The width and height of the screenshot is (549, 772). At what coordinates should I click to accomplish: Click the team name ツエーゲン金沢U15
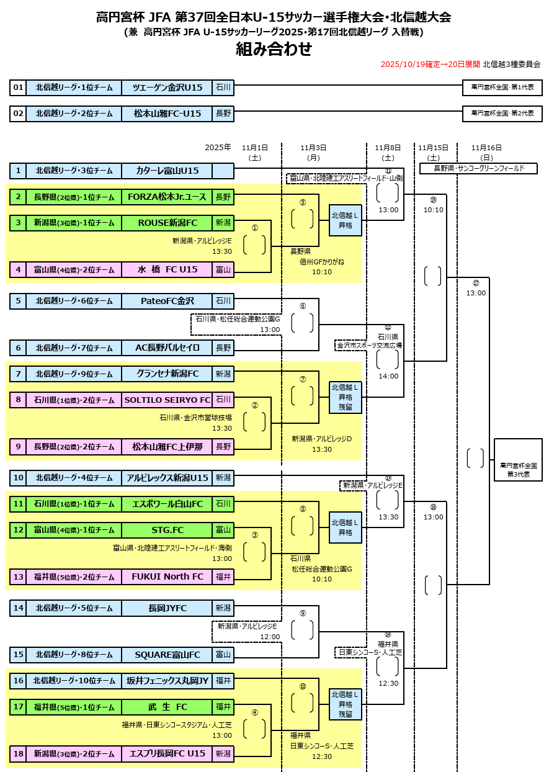pos(167,88)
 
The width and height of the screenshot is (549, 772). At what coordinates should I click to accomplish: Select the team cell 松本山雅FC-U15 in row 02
pos(167,113)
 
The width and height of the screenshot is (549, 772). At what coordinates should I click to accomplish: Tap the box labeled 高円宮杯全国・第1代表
pos(502,88)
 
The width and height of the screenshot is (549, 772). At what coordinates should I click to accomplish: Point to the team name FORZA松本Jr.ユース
pos(167,197)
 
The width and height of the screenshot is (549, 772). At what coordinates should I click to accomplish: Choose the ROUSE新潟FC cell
pos(167,222)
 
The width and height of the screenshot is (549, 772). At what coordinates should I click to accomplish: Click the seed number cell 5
pos(18,301)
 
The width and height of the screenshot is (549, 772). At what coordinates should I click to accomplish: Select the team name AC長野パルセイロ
pos(167,348)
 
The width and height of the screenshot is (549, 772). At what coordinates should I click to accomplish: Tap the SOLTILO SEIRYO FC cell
pos(167,399)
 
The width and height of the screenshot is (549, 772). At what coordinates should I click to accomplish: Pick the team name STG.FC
pos(167,529)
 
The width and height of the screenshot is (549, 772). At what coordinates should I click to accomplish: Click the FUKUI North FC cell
pos(167,577)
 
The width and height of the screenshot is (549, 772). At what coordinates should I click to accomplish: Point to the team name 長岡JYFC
pos(167,608)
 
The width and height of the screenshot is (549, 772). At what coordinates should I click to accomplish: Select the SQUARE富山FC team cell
pos(167,654)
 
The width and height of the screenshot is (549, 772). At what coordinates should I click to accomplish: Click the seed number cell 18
pos(18,753)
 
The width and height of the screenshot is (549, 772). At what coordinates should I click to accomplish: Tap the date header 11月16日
pos(486,148)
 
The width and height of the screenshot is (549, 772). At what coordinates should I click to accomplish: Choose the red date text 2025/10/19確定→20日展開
pos(430,64)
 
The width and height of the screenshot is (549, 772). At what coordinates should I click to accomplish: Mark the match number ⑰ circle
pos(476,283)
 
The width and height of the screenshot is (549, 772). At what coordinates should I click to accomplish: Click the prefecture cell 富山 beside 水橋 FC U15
pos(223,269)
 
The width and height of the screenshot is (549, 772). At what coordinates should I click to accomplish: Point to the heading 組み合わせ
pos(274,49)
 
